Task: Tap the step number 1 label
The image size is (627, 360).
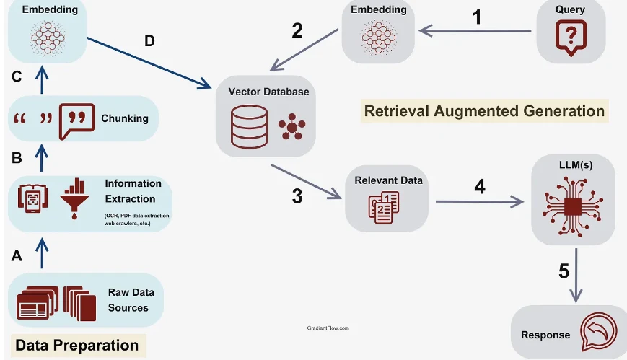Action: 476,18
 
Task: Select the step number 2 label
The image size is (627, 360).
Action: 297,31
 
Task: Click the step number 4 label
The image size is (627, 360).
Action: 479,186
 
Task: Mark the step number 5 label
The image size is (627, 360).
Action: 564,271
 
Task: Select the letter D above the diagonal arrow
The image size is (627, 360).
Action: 149,41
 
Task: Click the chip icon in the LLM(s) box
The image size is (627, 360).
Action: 572,206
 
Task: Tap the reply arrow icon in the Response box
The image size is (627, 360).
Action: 598,331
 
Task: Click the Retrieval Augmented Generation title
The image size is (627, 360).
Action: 484,111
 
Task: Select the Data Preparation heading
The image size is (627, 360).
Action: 76,345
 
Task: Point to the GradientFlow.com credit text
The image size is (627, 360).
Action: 328,328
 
